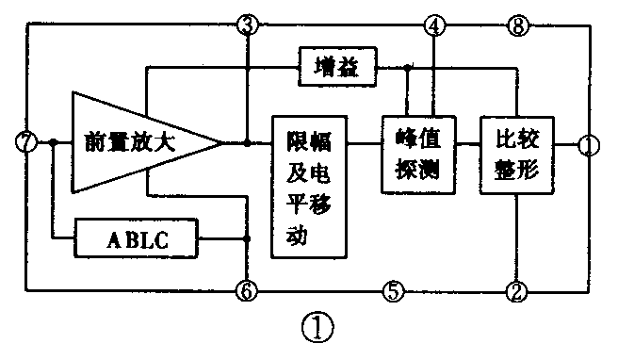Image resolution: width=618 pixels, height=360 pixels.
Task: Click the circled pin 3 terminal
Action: pos(247,25)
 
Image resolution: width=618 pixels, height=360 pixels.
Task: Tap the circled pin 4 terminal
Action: pos(433,25)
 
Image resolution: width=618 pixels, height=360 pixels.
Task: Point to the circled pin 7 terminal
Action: pos(26,143)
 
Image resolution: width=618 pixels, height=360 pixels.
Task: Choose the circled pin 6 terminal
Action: pos(247,291)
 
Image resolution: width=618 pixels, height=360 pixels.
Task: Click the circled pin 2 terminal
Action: pos(515,291)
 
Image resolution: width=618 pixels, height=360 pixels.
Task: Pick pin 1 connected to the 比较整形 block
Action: pos(588,145)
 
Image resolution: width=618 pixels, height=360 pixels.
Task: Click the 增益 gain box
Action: pos(336,67)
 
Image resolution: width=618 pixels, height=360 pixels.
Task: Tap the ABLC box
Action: pos(138,240)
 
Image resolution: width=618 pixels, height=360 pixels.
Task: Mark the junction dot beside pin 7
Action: pos(54,143)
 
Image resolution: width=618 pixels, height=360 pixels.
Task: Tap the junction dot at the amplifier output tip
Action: pos(247,143)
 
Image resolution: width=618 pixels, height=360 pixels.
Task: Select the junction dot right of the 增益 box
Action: pos(407,68)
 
